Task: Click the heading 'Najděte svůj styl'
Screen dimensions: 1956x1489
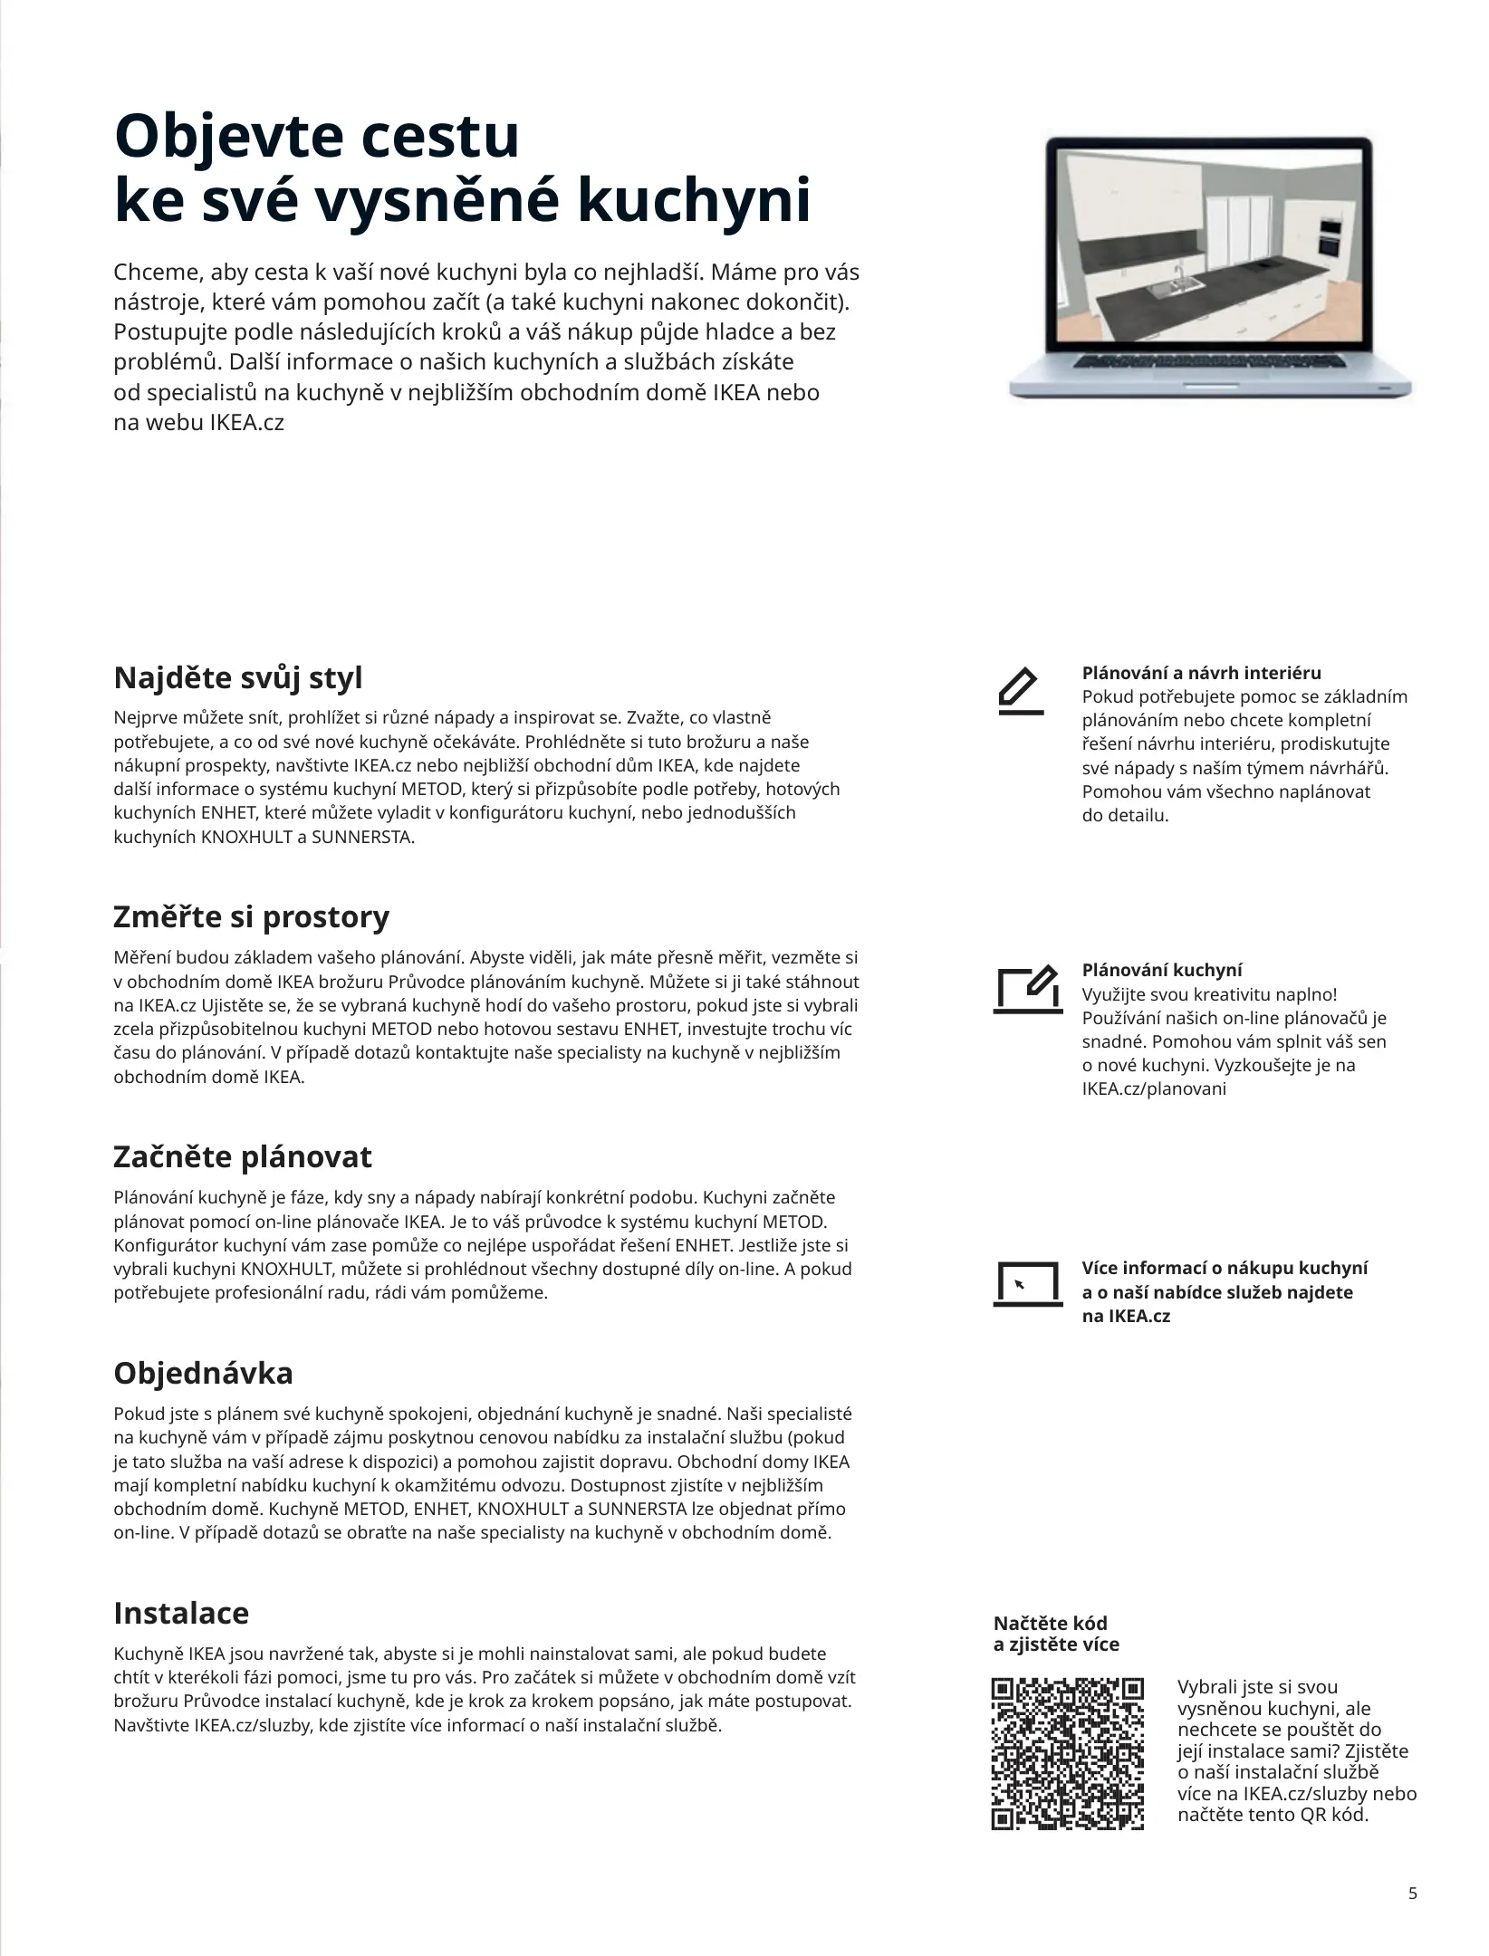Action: pyautogui.click(x=237, y=677)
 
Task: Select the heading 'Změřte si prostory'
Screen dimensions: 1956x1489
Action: pyautogui.click(x=251, y=916)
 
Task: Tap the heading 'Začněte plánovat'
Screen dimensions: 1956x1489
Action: pyautogui.click(x=242, y=1156)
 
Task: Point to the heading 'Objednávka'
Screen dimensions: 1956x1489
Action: pyautogui.click(x=203, y=1373)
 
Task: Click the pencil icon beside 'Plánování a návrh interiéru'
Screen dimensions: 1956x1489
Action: pyautogui.click(x=1020, y=692)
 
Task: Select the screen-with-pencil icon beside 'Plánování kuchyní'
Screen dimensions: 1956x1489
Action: pyautogui.click(x=1028, y=990)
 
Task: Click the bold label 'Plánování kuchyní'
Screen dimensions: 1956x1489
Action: pyautogui.click(x=1162, y=970)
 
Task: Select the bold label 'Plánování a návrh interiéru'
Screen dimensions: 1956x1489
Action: pyautogui.click(x=1201, y=673)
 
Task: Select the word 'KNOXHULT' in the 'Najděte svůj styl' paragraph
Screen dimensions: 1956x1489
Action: pyautogui.click(x=246, y=837)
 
